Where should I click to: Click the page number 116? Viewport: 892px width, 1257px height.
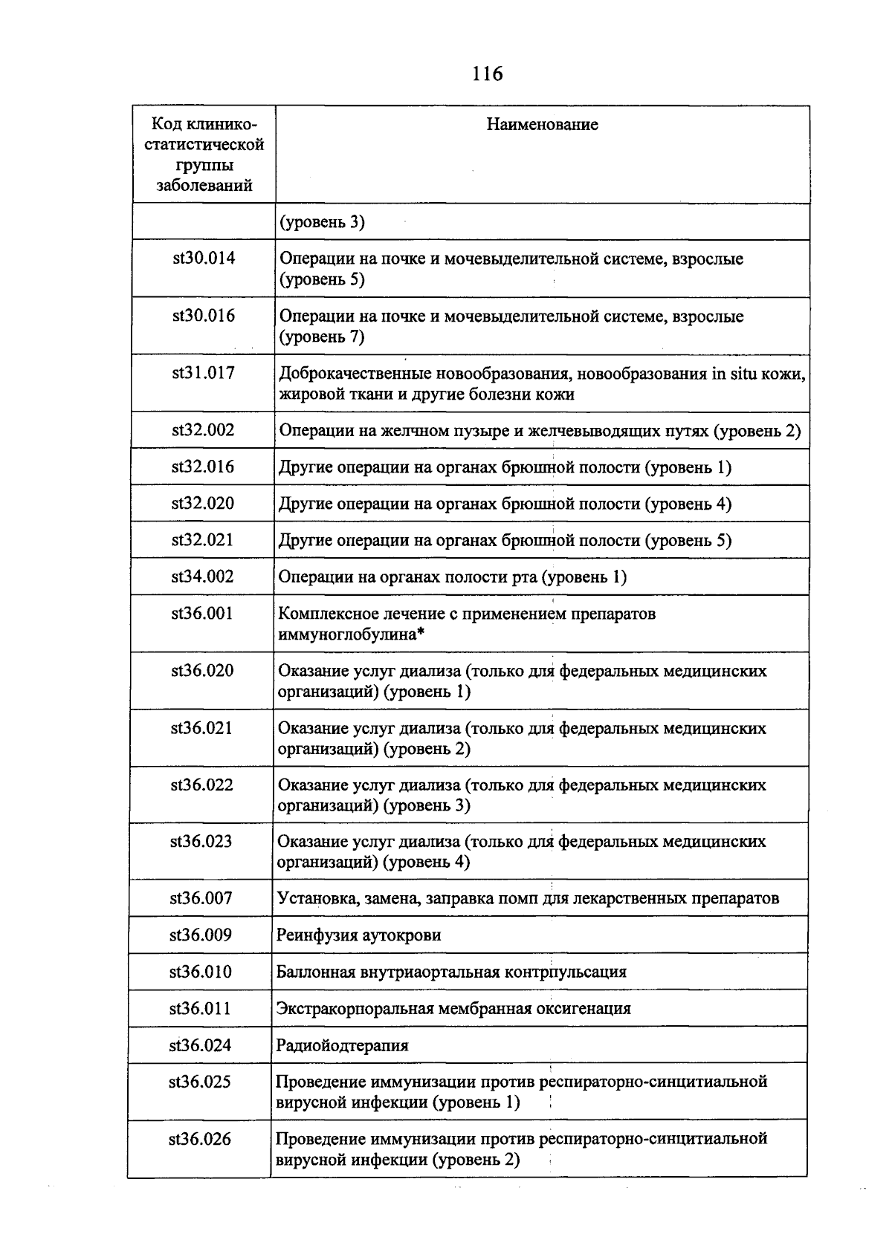487,74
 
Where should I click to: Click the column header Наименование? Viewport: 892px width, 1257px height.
542,125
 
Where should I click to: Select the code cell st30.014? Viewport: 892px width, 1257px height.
204,259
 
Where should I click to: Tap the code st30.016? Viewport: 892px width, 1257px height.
204,316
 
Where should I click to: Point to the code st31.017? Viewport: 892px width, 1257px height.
204,373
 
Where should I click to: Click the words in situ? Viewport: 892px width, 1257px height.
733,374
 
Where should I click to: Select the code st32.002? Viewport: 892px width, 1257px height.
203,430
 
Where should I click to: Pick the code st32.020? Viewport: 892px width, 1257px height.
203,504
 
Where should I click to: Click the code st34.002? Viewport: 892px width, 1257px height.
203,576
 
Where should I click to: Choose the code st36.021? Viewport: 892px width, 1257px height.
202,728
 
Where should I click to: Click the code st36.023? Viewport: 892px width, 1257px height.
201,842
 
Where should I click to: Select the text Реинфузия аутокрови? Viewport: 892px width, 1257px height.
359,935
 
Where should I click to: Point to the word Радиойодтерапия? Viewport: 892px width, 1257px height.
343,1046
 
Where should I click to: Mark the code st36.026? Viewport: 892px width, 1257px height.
200,1139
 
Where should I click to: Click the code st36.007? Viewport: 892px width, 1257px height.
201,899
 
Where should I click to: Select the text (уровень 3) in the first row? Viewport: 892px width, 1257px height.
322,222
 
